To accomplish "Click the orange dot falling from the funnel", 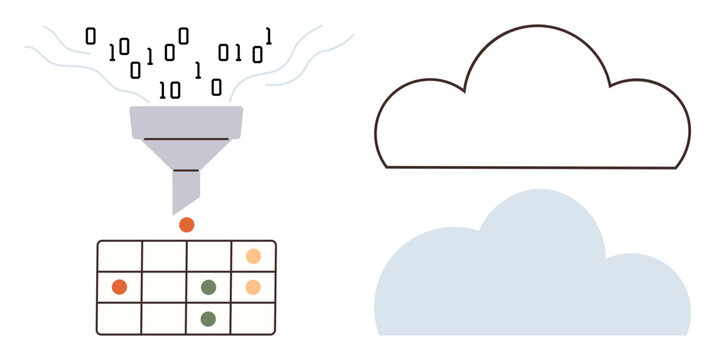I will (186, 225).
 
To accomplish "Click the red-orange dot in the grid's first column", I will (119, 287).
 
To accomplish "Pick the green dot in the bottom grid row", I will (208, 319).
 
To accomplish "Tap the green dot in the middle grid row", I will (208, 287).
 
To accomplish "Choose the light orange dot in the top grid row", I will (253, 256).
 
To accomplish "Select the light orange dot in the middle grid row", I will (253, 287).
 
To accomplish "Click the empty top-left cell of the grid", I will (119, 256).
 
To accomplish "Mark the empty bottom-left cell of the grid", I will (119, 318).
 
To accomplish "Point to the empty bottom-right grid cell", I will (253, 318).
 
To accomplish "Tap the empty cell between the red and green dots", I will (163, 287).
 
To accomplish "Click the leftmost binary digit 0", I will (91, 36).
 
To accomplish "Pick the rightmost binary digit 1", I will (269, 35).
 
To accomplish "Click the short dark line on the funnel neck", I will (186, 171).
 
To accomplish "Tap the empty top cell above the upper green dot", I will (208, 256).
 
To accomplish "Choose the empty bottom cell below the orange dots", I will (253, 318).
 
